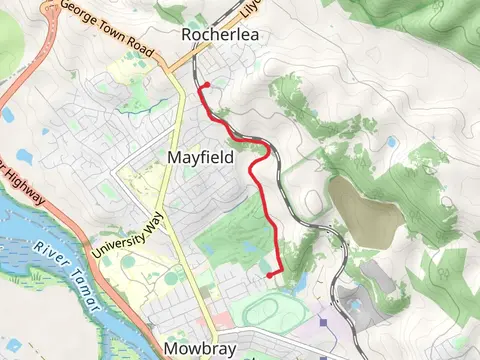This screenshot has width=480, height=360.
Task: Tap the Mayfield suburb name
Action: point(200,158)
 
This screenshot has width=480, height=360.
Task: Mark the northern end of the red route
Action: point(203,86)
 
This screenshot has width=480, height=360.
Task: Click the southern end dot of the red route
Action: point(270,273)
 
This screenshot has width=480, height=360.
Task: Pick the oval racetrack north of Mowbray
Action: point(266,312)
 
